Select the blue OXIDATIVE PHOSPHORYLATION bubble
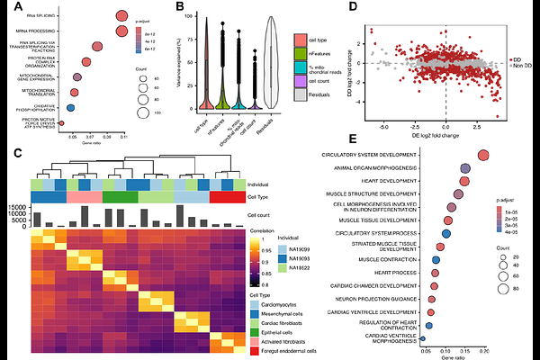[69, 106]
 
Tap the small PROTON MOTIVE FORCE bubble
[61, 122]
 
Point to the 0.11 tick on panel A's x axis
[123, 137]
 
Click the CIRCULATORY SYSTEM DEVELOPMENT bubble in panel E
[484, 156]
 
